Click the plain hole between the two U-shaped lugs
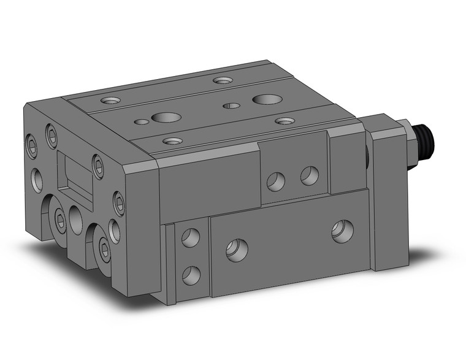pos(77,219)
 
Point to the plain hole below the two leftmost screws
pos(37,178)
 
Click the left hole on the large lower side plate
pos(236,250)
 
